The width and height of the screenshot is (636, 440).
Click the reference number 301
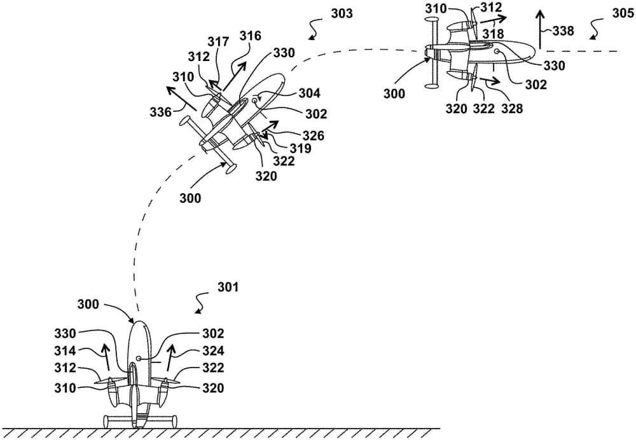click(228, 287)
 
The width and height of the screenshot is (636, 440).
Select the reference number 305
click(623, 13)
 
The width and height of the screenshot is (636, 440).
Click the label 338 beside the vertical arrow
click(563, 30)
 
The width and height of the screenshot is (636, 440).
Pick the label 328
click(511, 109)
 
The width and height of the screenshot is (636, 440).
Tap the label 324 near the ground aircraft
click(213, 351)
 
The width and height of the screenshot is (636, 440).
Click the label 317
click(218, 42)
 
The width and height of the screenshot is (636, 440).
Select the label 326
click(314, 135)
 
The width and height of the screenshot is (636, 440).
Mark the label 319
click(301, 149)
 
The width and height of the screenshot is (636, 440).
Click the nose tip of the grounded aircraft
click(139, 321)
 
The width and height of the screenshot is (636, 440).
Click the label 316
click(250, 37)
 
